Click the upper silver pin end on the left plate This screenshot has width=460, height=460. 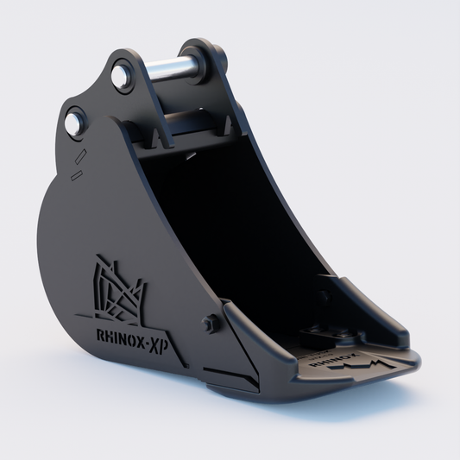[123, 75]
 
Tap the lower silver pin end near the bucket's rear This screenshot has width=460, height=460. [75, 122]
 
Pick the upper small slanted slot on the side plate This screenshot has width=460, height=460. [82, 156]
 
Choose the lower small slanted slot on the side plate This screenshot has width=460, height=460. [76, 175]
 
